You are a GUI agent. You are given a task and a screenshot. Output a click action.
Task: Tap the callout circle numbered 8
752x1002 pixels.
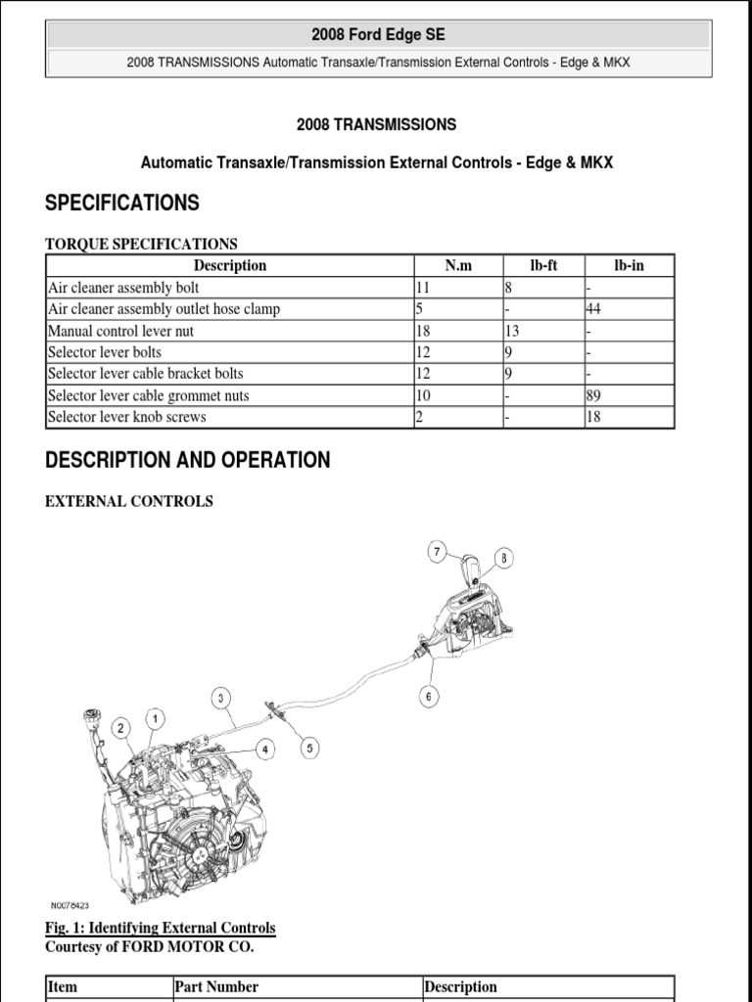pos(503,559)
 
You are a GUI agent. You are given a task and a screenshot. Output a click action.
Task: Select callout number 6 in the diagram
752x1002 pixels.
pos(430,697)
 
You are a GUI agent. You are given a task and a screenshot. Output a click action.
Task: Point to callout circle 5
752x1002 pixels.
pos(309,749)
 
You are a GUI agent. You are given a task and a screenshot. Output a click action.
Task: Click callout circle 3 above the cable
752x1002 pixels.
pos(222,698)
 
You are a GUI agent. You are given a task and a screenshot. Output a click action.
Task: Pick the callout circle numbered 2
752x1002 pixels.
pos(120,728)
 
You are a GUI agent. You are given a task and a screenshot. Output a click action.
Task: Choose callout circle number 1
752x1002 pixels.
pos(155,719)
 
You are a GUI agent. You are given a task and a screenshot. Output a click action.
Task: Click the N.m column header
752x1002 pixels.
pos(457,265)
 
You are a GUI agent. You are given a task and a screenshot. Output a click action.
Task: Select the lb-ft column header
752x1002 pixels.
pos(543,265)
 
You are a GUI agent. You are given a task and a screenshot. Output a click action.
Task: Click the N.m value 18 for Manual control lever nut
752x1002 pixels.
pos(424,331)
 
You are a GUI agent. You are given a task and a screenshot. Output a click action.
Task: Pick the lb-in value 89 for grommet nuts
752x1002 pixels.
pos(594,395)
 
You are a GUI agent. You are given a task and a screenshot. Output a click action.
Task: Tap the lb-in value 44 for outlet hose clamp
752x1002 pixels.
pos(594,309)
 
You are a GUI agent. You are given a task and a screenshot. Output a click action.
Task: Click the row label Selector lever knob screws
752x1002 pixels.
pos(127,417)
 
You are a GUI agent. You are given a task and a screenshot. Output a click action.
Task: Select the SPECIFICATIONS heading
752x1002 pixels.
pos(122,204)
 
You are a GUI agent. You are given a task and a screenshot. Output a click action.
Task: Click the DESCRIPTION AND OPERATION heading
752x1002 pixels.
pos(188,460)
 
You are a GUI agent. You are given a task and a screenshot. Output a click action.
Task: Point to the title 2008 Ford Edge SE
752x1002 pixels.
pos(378,35)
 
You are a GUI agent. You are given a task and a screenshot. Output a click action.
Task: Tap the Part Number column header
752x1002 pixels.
pos(216,986)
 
